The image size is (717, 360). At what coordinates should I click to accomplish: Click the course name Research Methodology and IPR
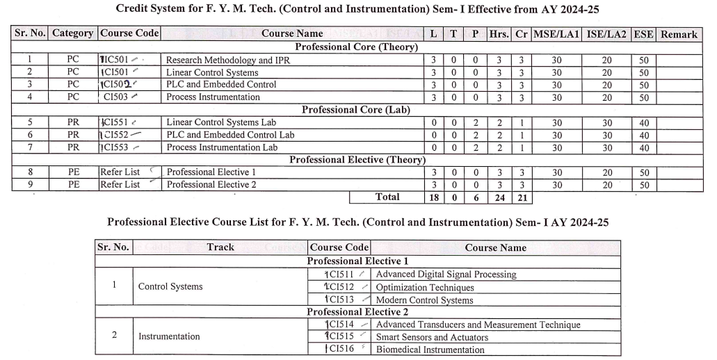[x=228, y=60]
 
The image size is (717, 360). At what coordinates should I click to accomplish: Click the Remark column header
[x=678, y=33]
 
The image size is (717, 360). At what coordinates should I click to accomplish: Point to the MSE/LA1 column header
[x=556, y=33]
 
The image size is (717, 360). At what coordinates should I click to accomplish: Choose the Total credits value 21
[x=522, y=197]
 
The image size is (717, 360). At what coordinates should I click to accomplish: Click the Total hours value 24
[x=499, y=197]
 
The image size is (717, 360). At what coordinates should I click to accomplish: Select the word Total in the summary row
[x=387, y=197]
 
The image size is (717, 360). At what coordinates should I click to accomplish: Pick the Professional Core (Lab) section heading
[x=355, y=110]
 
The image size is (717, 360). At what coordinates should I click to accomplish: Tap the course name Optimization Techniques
[x=424, y=287]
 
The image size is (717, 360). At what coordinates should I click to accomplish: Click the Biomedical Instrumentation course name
[x=430, y=350]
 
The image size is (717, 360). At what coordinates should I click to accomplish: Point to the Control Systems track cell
[x=170, y=286]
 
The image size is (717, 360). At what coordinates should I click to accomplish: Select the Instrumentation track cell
[x=169, y=336]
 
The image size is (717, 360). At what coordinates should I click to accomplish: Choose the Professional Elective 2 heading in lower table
[x=357, y=312]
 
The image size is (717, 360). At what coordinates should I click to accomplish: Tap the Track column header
[x=220, y=247]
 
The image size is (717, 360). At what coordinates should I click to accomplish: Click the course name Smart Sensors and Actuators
[x=432, y=337]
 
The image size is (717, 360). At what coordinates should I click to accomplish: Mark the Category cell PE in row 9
[x=74, y=185]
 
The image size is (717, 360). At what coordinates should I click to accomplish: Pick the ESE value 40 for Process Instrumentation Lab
[x=643, y=147]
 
